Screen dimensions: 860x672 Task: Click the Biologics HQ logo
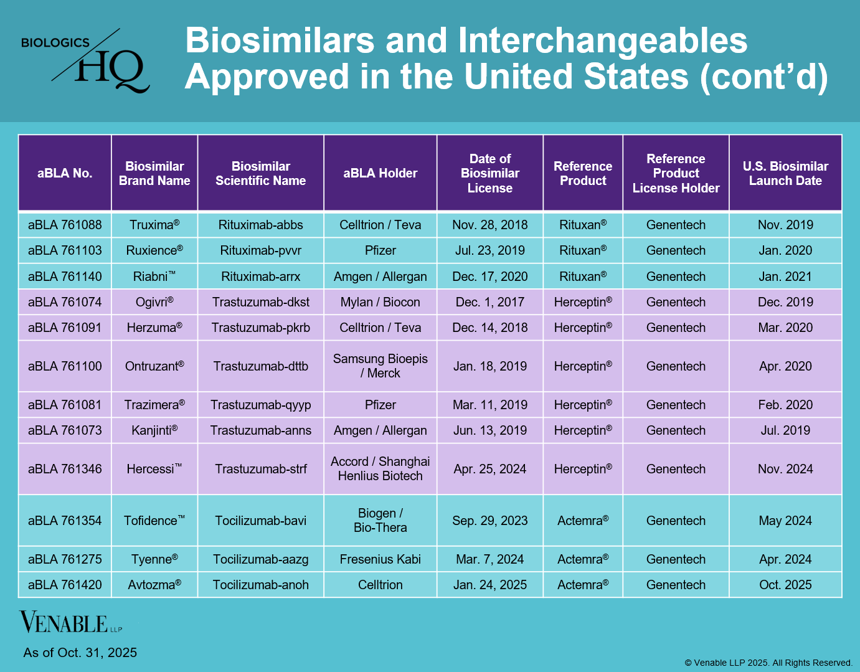pos(85,60)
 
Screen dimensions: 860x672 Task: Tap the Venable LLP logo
pos(71,622)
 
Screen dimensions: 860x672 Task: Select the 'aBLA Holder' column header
pos(380,173)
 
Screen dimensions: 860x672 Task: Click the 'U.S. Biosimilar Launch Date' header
pos(785,173)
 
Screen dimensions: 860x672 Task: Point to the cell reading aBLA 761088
pos(65,225)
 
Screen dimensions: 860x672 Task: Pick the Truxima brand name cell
pos(154,225)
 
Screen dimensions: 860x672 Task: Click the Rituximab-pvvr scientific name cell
pos(260,250)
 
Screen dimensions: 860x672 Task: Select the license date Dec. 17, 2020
pos(489,277)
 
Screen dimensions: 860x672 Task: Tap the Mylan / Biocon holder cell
pos(380,302)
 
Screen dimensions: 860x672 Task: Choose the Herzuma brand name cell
pos(154,328)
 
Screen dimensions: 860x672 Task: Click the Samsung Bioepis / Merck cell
pos(380,366)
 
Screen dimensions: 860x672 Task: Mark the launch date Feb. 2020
pos(785,404)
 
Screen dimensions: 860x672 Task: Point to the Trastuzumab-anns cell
pos(260,430)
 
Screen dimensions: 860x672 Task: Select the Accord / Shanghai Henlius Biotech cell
pos(380,468)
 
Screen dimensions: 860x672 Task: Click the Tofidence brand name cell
pos(154,520)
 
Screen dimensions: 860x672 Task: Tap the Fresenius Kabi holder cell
pos(380,559)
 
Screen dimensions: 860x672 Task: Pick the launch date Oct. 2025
pos(785,585)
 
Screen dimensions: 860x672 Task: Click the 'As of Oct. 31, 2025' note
pos(80,652)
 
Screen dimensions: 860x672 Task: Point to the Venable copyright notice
pos(768,663)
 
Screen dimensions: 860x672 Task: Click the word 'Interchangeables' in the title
pos(602,40)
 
